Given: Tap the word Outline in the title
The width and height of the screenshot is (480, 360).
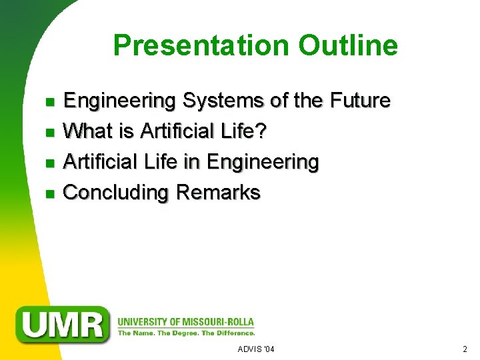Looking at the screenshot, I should (348, 45).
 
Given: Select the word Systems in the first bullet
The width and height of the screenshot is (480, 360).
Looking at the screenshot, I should (223, 101).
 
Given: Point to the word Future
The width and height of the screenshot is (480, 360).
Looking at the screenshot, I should (359, 101).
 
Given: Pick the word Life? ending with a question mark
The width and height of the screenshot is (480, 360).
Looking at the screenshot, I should (243, 131).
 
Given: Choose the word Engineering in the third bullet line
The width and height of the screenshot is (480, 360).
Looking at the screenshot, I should (263, 162).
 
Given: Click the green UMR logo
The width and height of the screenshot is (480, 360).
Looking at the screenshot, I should (63, 324).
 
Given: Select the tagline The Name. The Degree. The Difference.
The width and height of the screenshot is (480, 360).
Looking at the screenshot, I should (186, 332).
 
